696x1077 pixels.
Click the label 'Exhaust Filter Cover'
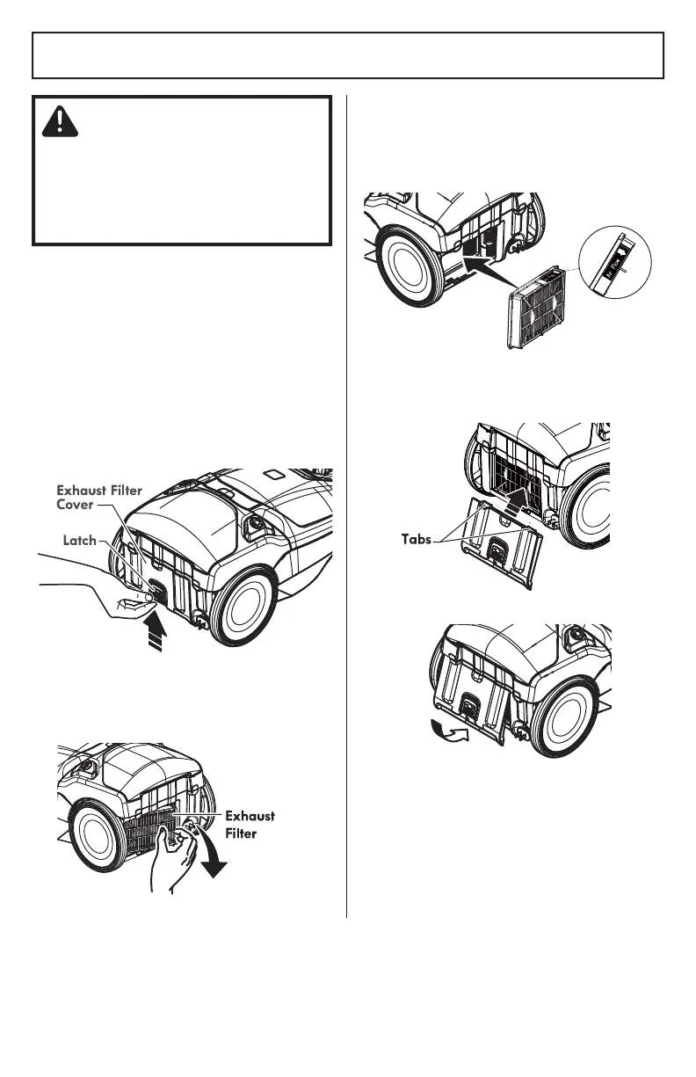point(99,498)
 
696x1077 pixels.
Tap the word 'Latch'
point(80,541)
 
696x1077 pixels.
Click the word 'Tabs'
point(411,539)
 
